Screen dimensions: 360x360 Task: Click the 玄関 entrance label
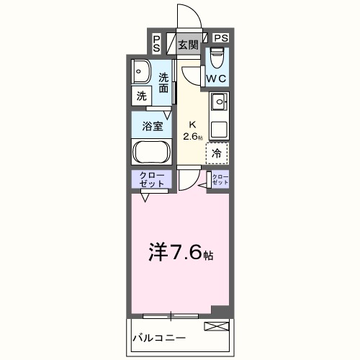tap(189, 45)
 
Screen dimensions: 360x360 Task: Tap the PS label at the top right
tap(220, 38)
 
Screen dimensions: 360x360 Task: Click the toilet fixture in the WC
tap(217, 56)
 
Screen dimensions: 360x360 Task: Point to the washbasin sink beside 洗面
tap(141, 73)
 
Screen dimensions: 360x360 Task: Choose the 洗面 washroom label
tap(164, 83)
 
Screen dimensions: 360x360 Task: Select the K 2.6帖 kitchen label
tap(192, 130)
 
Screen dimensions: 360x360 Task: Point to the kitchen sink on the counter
tap(218, 104)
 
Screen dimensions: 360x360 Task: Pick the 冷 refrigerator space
tap(217, 153)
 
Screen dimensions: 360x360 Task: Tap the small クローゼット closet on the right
tap(220, 181)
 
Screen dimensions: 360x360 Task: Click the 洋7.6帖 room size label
tap(180, 253)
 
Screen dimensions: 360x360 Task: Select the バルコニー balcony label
tap(159, 338)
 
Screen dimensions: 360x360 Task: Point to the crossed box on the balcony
tap(215, 328)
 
